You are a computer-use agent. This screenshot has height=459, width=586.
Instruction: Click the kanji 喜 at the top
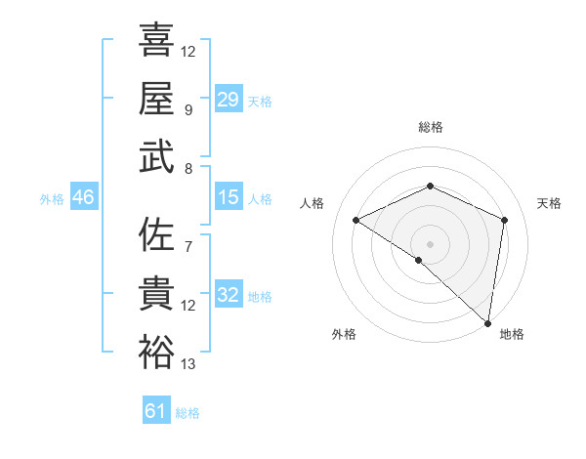pyautogui.click(x=156, y=40)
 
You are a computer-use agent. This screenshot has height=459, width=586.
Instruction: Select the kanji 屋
pyautogui.click(x=156, y=98)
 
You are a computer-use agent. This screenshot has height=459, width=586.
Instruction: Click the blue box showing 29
pyautogui.click(x=228, y=99)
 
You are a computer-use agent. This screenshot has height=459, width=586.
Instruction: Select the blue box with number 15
pyautogui.click(x=228, y=197)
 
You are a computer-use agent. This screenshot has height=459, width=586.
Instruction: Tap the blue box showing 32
pyautogui.click(x=228, y=295)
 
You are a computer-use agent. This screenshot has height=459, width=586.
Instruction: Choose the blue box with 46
pyautogui.click(x=84, y=197)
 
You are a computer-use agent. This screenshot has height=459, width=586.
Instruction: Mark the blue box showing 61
pyautogui.click(x=156, y=411)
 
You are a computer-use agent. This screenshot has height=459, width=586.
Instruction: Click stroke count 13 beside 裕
pyautogui.click(x=188, y=365)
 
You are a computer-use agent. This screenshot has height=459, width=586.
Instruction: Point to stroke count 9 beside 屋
pyautogui.click(x=188, y=110)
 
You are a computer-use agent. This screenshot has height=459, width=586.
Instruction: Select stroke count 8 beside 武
pyautogui.click(x=188, y=168)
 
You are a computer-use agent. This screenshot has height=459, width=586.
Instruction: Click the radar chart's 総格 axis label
pyautogui.click(x=430, y=128)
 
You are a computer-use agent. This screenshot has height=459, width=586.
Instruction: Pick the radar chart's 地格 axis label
pyautogui.click(x=512, y=334)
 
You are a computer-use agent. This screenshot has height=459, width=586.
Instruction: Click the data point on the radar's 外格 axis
pyautogui.click(x=419, y=260)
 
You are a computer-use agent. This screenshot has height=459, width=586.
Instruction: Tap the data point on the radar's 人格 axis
pyautogui.click(x=356, y=221)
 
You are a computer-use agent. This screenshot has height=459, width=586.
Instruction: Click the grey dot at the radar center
pyautogui.click(x=430, y=243)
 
